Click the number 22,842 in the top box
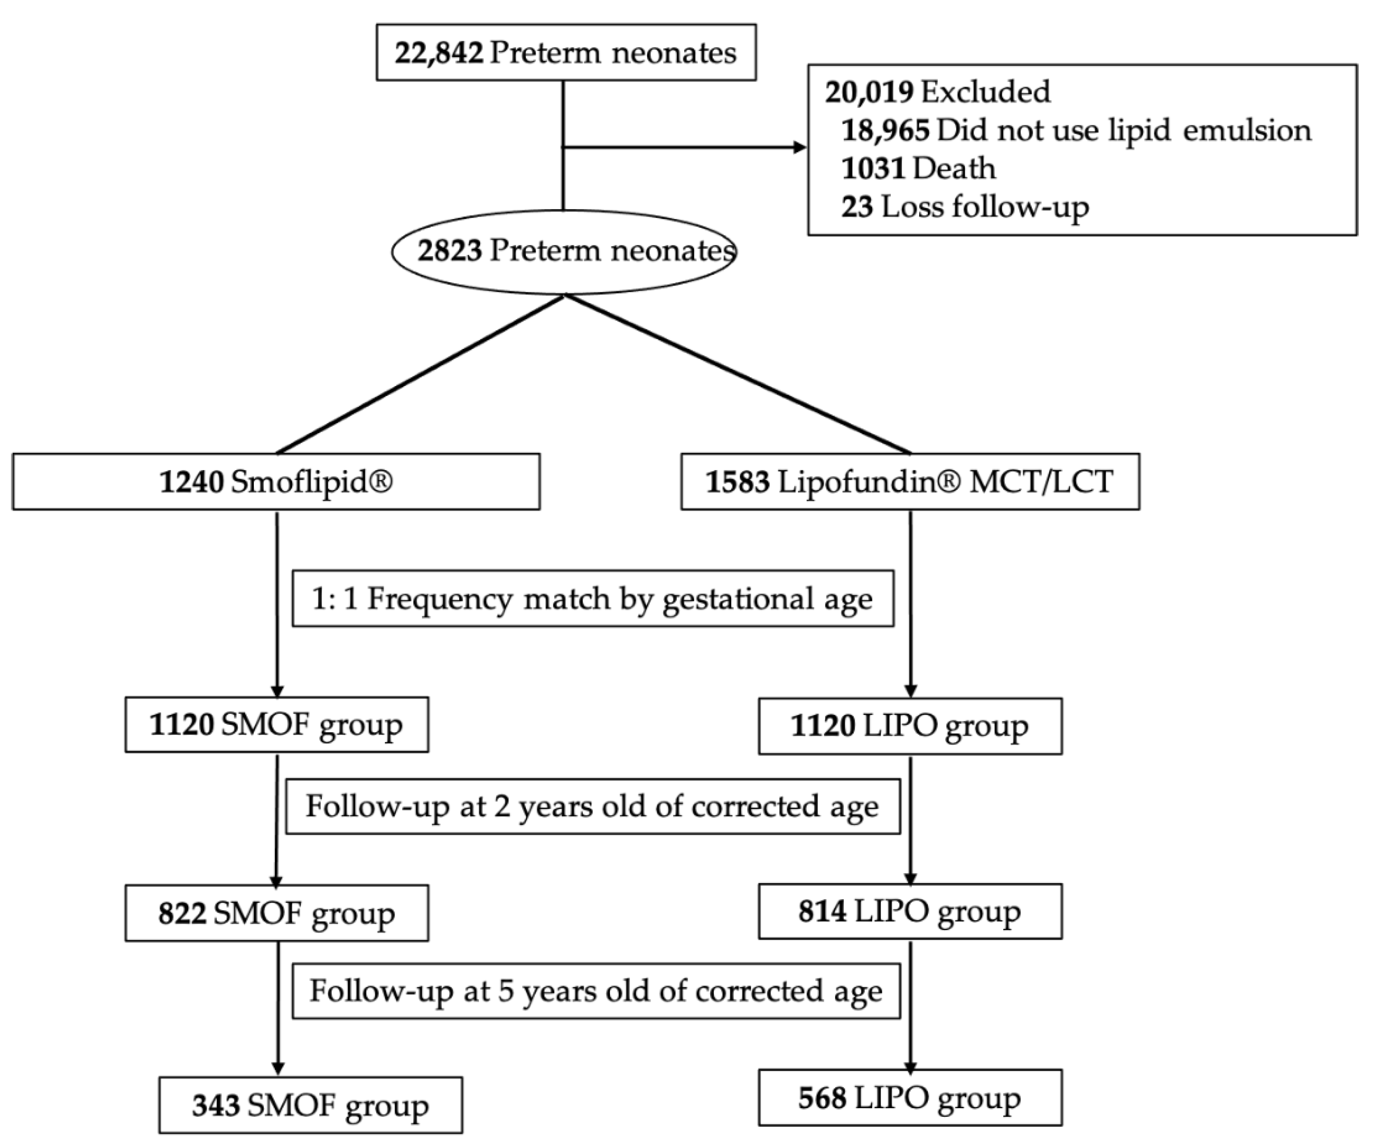pyautogui.click(x=439, y=53)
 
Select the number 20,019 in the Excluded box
pyautogui.click(x=868, y=92)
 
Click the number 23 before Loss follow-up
pyautogui.click(x=857, y=208)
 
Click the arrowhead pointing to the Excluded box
pyautogui.click(x=799, y=147)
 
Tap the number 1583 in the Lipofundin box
pyautogui.click(x=737, y=482)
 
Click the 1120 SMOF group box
pyautogui.click(x=277, y=724)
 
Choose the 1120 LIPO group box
pyautogui.click(x=910, y=726)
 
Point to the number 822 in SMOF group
pyautogui.click(x=182, y=913)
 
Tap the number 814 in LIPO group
pyautogui.click(x=822, y=911)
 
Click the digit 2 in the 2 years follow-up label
pyautogui.click(x=502, y=807)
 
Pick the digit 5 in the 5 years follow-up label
pyautogui.click(x=506, y=992)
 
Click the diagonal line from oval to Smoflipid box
pyautogui.click(x=419, y=375)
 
